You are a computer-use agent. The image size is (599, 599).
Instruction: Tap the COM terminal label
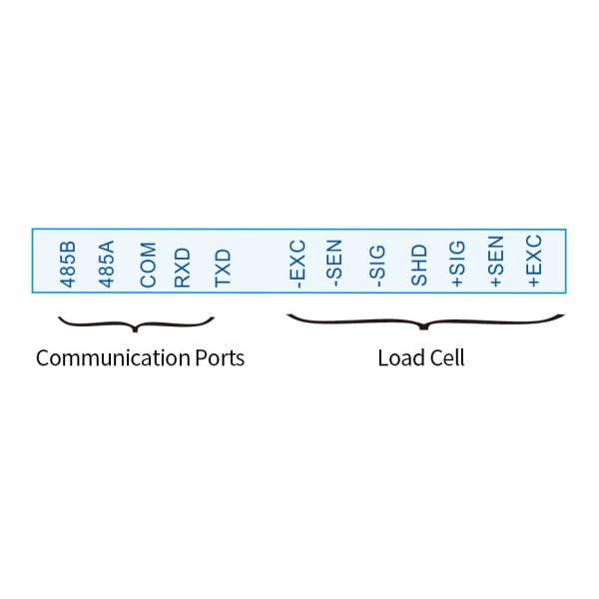coord(148,265)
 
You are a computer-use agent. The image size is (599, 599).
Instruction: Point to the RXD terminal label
coord(182,267)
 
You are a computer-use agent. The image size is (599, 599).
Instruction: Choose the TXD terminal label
coord(223,267)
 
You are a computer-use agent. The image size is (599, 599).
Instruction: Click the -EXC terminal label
coord(297,262)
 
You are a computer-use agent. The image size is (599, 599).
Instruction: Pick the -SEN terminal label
coord(335,263)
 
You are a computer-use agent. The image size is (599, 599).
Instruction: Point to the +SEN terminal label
coord(496,263)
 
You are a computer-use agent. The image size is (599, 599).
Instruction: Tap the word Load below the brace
coord(397,357)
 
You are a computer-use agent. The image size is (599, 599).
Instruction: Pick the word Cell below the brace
coord(446,357)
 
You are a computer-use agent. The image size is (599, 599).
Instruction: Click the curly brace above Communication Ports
coord(137,323)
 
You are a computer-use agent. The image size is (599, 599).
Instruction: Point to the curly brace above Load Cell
coord(426,322)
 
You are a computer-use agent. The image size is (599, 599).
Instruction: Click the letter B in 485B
coord(69,245)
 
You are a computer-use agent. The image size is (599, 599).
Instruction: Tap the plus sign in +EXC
coord(535,284)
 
